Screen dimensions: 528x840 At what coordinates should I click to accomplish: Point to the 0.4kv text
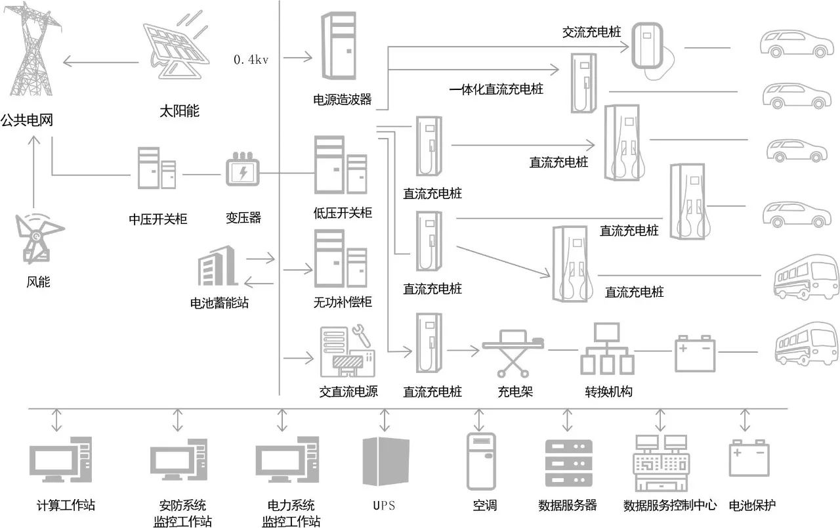pos(251,59)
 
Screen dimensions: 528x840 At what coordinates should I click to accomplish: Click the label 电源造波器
pos(343,100)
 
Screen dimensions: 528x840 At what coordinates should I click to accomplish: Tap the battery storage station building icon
pos(217,270)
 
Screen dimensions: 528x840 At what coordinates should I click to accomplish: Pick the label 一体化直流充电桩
pos(496,90)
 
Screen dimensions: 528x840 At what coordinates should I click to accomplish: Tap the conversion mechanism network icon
pos(607,349)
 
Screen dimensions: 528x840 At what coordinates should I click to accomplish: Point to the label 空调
pos(485,506)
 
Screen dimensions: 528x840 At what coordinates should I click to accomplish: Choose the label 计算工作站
pos(66,506)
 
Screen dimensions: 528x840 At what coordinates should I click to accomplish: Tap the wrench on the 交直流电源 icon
pos(361,335)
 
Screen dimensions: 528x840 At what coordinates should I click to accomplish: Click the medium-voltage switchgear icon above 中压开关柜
pos(157,169)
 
